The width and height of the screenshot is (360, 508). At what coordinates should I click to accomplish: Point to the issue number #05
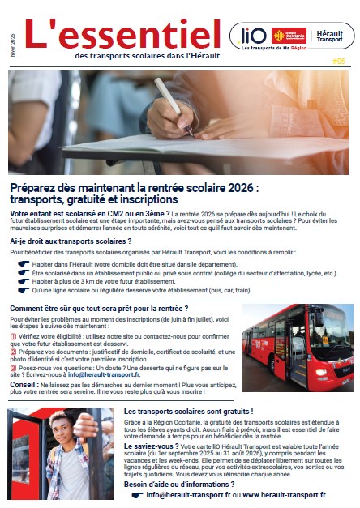click(x=336, y=59)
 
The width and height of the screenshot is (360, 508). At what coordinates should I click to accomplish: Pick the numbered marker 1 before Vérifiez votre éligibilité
click(x=14, y=336)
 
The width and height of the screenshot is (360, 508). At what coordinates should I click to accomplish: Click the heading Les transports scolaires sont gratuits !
click(x=189, y=412)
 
